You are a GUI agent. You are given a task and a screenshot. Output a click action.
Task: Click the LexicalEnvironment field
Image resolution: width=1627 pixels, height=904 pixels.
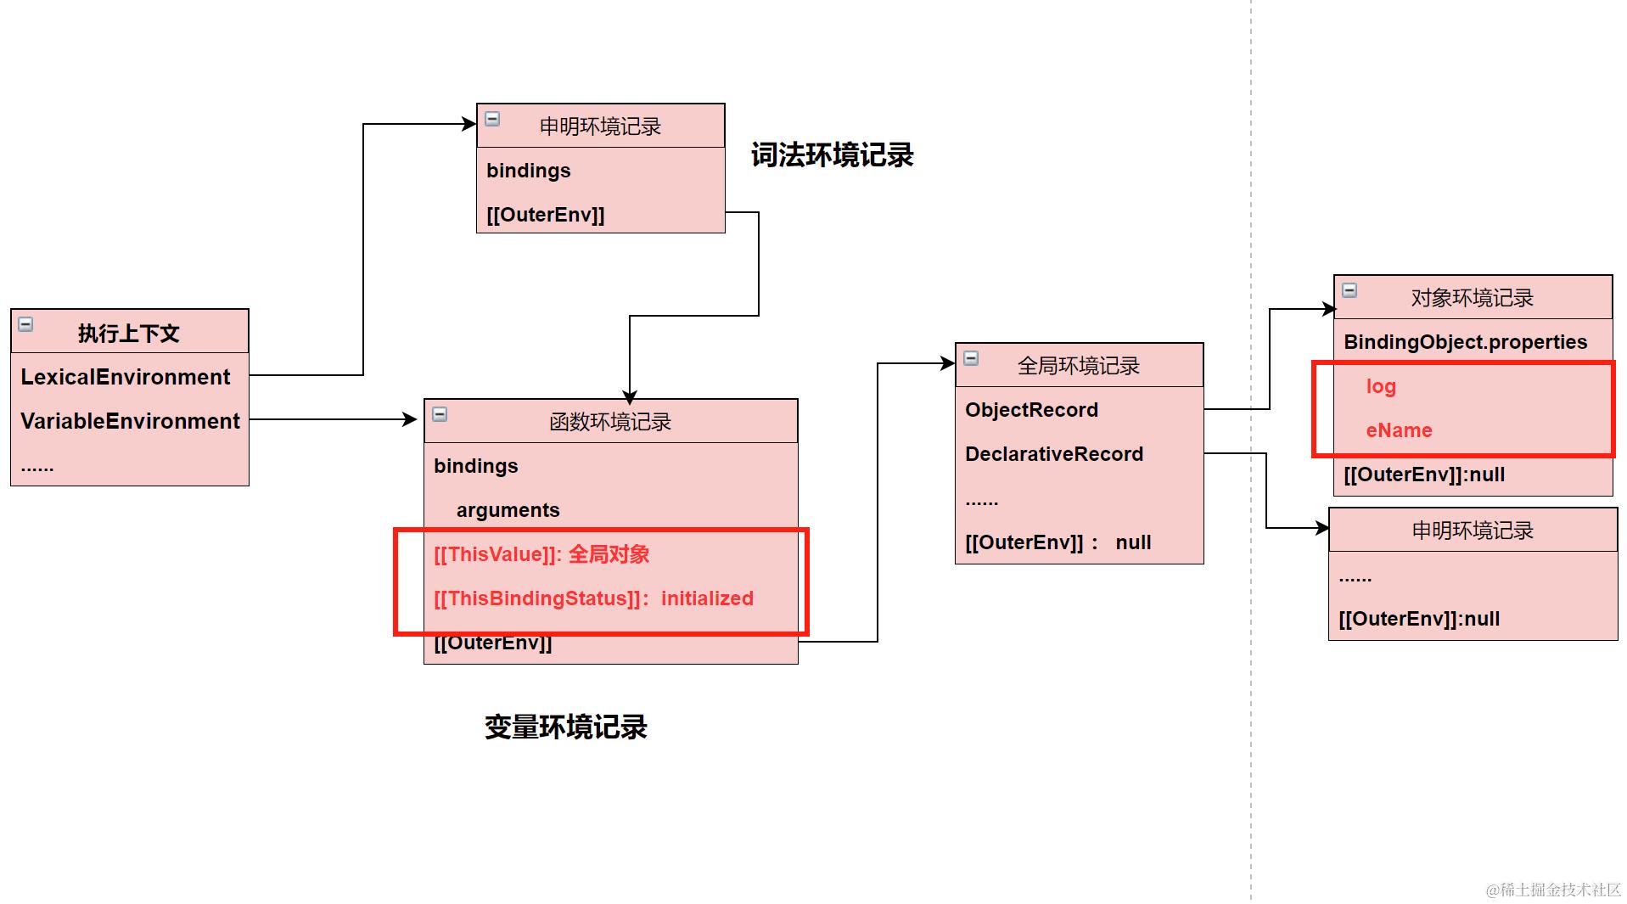click(125, 377)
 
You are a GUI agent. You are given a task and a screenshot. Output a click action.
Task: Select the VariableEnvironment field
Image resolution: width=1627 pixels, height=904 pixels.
click(130, 421)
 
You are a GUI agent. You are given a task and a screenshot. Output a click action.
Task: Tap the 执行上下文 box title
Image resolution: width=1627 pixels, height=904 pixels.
click(129, 333)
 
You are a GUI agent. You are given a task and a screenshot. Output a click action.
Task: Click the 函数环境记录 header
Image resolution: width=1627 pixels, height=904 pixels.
click(609, 421)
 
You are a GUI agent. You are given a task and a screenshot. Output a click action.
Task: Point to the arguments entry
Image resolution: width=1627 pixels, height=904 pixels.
click(508, 510)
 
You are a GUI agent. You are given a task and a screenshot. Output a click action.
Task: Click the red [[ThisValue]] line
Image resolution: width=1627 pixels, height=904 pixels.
click(541, 554)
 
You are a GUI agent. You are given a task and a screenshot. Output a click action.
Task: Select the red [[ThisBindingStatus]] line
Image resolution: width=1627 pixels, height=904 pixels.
click(593, 598)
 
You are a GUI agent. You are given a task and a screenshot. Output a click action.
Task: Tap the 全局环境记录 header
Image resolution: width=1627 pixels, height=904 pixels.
click(1078, 366)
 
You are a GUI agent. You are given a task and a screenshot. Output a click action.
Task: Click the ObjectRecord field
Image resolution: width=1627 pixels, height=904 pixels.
click(1031, 410)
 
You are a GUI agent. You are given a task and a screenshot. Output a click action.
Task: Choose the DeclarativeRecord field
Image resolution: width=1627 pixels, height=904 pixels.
click(1054, 454)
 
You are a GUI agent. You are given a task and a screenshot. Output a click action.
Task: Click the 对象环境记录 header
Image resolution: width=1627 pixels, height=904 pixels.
click(1472, 298)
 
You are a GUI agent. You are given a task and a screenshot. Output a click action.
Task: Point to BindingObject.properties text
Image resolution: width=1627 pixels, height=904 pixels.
click(1465, 342)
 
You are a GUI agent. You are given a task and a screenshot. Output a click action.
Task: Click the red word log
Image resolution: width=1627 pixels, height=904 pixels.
click(1381, 386)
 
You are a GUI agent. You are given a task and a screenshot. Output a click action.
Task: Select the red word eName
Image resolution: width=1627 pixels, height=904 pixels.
click(1399, 430)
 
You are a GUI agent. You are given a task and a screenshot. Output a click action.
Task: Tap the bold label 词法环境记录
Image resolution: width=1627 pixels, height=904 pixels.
click(832, 155)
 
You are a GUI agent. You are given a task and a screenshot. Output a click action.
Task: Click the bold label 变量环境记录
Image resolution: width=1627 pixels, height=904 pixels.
click(565, 727)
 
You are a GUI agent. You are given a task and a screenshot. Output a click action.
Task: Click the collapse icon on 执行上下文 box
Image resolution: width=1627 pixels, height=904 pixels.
click(26, 324)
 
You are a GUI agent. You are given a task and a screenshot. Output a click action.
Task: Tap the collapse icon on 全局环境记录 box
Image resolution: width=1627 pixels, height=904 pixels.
click(971, 358)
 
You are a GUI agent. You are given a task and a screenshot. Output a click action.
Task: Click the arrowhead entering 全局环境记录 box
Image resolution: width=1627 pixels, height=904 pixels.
click(948, 363)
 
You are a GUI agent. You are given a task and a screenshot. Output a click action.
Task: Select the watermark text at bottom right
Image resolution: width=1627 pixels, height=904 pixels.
click(1553, 889)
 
